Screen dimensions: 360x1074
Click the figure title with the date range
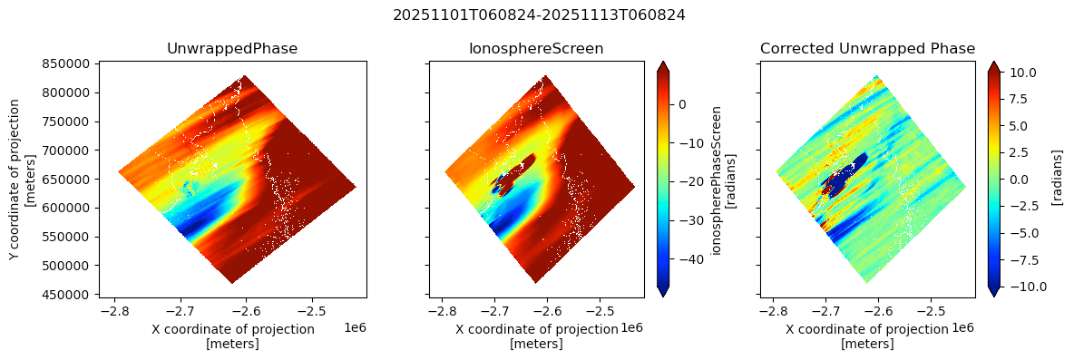[x=538, y=15]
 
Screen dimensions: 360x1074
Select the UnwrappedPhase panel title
[x=232, y=48]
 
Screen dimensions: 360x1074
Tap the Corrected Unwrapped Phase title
[x=867, y=48]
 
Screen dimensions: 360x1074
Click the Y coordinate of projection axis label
[x=22, y=179]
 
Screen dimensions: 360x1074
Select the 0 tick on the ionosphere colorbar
[x=680, y=104]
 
